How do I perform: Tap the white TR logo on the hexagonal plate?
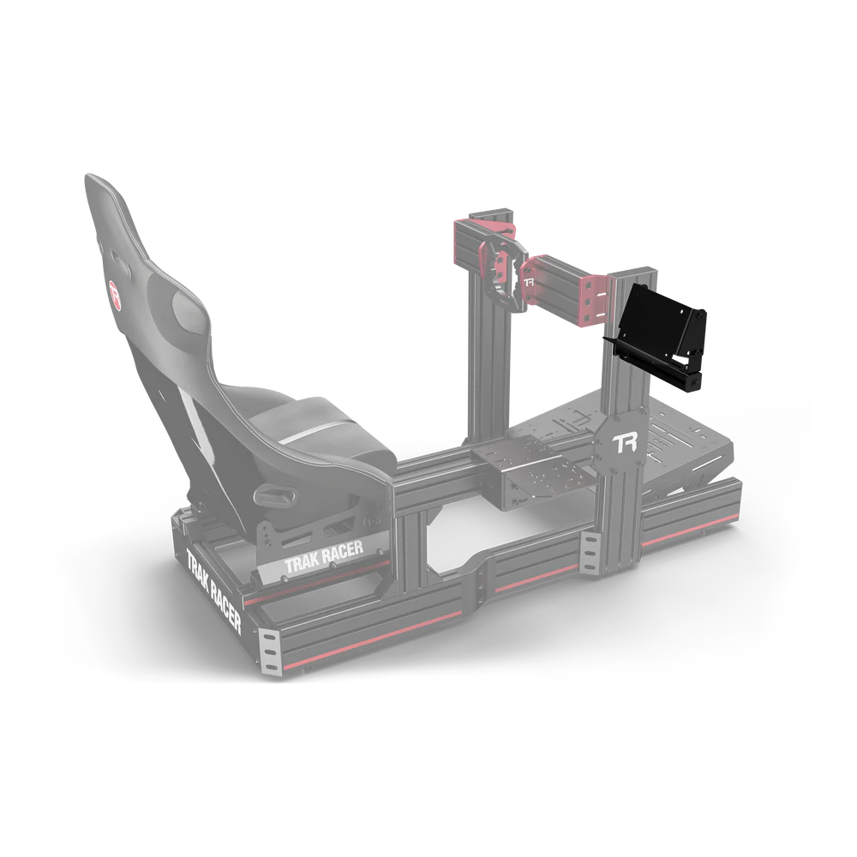pos(623,443)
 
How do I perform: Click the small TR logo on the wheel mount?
pos(530,280)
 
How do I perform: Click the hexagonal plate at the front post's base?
pos(623,446)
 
